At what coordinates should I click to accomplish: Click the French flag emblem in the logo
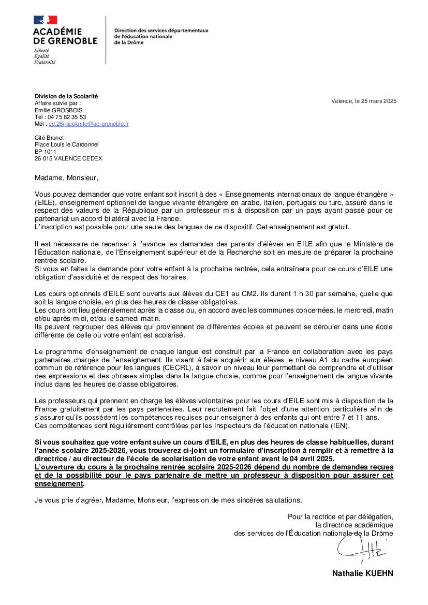45,20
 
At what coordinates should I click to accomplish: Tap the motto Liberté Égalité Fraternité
45,56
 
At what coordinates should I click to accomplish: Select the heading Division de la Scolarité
66,96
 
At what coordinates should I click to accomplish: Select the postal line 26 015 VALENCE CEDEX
68,158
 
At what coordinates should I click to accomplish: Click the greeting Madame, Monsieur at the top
66,178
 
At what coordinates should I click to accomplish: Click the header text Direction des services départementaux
161,31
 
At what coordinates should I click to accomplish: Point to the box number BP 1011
46,152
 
